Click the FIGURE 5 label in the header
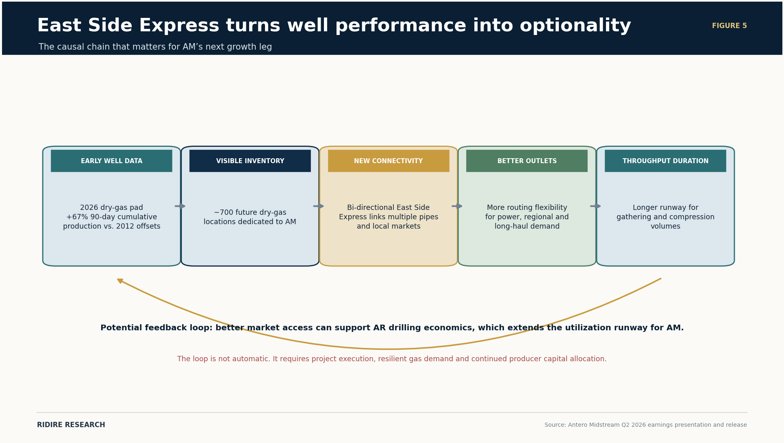point(729,26)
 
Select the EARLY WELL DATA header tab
point(111,161)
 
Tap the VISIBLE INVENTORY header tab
point(250,161)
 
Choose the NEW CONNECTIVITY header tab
point(389,161)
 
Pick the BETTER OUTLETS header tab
point(527,161)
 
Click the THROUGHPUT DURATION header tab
point(665,161)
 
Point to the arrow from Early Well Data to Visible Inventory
point(180,206)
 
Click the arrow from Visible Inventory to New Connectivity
point(319,206)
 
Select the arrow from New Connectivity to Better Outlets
point(457,206)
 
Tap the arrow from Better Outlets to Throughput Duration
point(595,206)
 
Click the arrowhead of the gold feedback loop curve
point(120,281)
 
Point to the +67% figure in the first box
point(75,217)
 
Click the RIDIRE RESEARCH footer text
point(71,425)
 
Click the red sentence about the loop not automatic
point(392,359)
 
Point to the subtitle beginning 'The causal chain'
point(155,47)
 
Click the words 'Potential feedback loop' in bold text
point(156,328)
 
